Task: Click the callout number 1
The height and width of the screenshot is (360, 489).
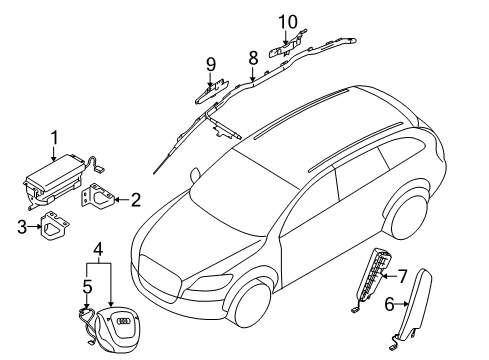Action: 55,138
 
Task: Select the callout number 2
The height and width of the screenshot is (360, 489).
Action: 136,200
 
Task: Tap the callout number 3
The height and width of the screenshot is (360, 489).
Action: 22,227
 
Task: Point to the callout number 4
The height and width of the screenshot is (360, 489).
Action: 98,249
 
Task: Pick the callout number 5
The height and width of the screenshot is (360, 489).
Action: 87,287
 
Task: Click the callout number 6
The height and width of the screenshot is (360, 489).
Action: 390,304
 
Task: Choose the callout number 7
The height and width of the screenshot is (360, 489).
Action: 403,276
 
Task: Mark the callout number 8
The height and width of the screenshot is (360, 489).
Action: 253,58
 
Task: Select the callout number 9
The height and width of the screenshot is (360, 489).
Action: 211,64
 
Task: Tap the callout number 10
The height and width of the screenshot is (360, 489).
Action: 288,22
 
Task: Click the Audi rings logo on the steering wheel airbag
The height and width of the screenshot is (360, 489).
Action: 123,322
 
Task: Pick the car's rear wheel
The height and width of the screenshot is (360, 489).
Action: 409,217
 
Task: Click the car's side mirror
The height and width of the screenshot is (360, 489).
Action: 195,175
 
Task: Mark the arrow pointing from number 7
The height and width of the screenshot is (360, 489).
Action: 389,276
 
